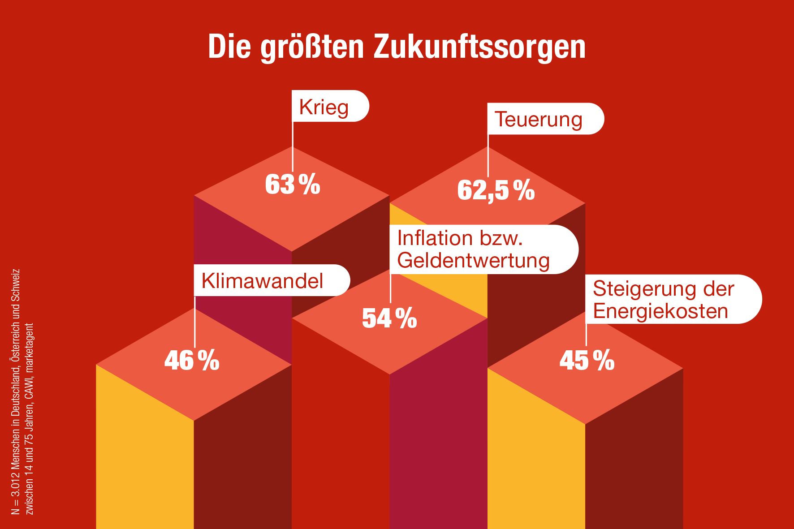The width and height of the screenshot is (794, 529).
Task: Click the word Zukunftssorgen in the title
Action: coord(479,47)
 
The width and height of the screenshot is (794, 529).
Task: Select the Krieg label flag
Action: coord(330,107)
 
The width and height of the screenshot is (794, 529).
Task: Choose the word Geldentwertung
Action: coord(473,261)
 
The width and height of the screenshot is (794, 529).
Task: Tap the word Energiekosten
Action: coord(660,311)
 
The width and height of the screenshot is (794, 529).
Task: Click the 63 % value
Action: coord(293,184)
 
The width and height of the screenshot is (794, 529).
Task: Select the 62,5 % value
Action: coord(496,190)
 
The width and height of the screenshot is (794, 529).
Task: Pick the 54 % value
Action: coord(389,318)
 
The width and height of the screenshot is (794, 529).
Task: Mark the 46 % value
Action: coord(192,360)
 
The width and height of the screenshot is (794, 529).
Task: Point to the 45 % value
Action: coord(587,360)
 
